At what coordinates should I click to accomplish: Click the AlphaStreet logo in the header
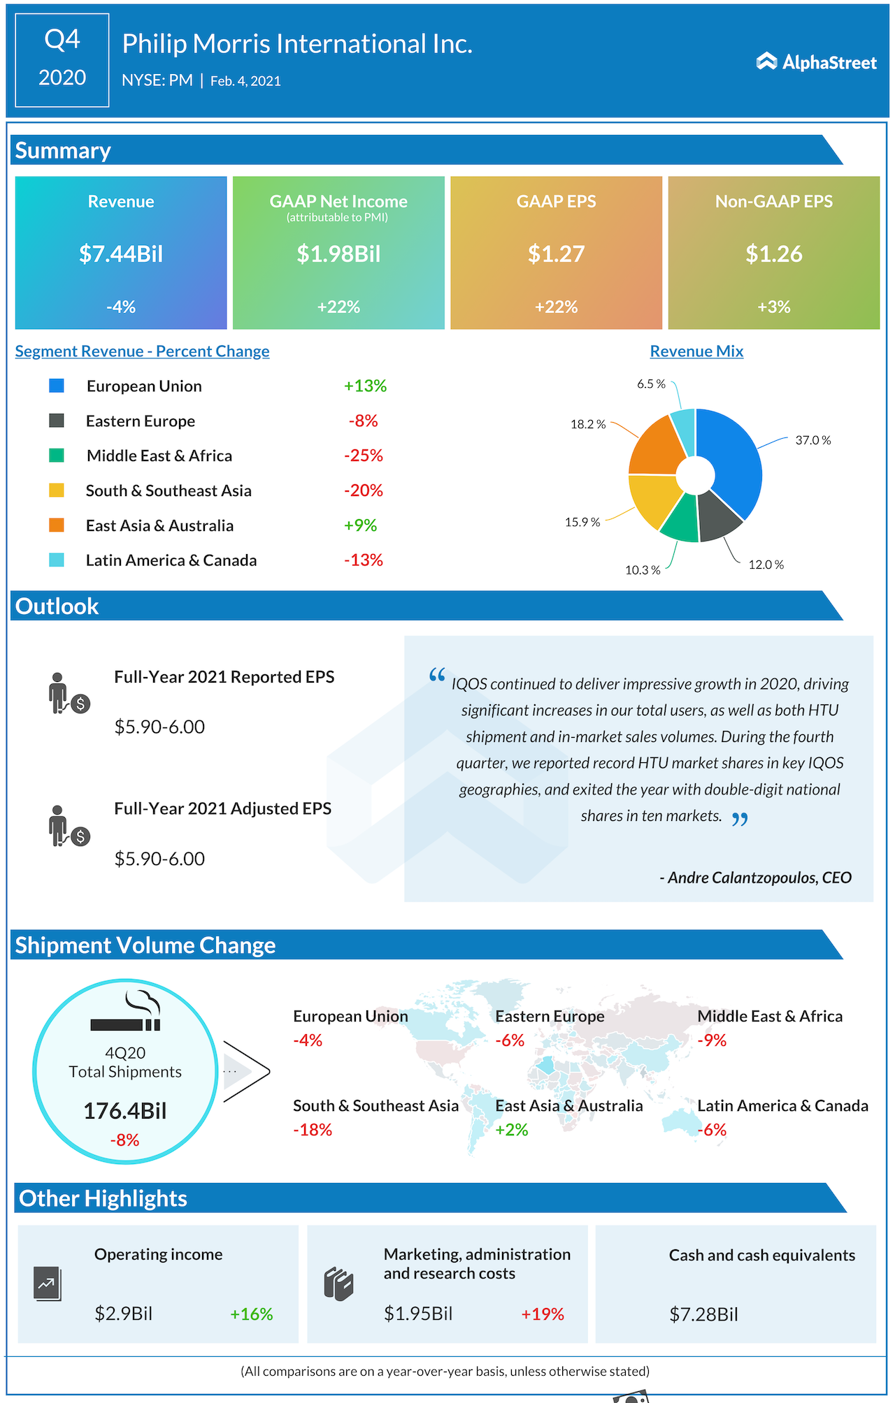point(816,62)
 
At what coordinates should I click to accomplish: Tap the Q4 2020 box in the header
point(62,60)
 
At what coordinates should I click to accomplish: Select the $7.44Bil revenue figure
point(121,254)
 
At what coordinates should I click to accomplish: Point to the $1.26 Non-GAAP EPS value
point(773,254)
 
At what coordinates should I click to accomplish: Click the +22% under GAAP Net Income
point(338,307)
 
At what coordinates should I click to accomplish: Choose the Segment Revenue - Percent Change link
point(142,351)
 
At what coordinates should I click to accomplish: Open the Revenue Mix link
point(696,351)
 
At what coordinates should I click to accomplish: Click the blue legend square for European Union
point(57,386)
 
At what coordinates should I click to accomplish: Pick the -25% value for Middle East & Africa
point(364,456)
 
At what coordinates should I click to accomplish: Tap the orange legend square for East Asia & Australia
point(57,525)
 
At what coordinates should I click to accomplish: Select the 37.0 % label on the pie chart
point(812,440)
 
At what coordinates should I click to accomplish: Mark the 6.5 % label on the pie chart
point(651,384)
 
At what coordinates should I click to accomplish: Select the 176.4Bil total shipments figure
point(125,1111)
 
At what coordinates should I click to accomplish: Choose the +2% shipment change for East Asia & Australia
point(512,1130)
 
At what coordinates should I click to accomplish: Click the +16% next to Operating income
point(252,1314)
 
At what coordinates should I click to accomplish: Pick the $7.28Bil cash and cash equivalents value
point(703,1315)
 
